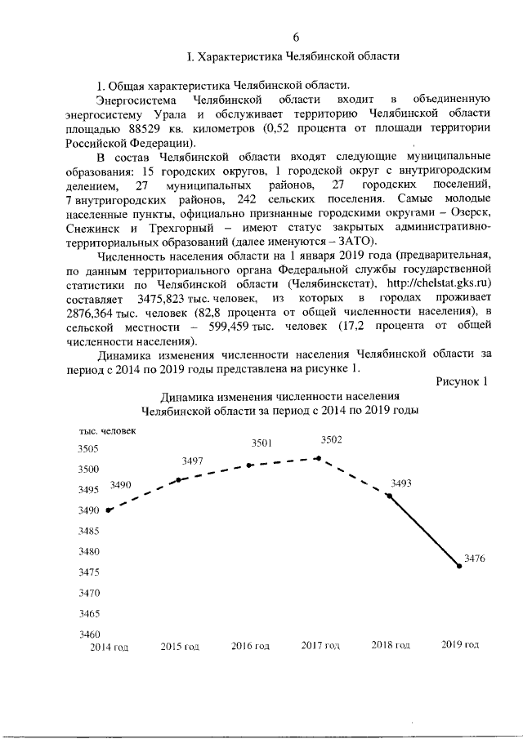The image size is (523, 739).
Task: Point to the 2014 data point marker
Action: (109, 510)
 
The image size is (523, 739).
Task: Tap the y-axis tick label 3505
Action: (89, 448)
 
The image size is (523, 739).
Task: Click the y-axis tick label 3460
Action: (89, 634)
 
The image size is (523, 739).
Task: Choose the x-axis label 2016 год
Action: (250, 646)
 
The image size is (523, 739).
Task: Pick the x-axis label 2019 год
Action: (460, 645)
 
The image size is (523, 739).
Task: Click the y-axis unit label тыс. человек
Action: (108, 430)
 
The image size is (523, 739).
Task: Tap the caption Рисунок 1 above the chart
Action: (462, 381)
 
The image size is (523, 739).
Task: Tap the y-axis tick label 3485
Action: (89, 531)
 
